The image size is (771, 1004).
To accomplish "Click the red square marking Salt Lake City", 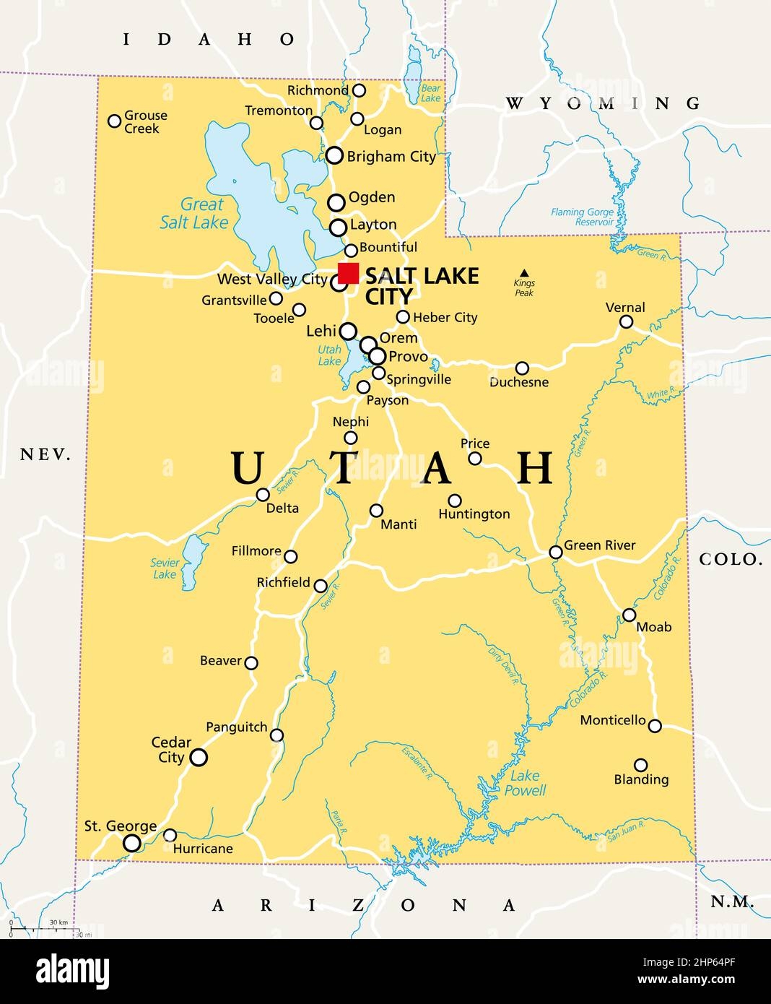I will tap(348, 273).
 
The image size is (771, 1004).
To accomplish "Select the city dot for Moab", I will tap(630, 615).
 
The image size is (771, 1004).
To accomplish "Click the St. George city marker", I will tap(131, 843).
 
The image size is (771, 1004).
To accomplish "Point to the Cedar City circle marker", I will tap(198, 757).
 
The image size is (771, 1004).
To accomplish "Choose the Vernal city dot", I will tap(627, 322).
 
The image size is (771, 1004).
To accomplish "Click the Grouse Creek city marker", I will tap(114, 121).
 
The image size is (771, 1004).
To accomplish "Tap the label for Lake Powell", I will tap(526, 783).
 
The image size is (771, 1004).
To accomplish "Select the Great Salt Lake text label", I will tap(194, 214).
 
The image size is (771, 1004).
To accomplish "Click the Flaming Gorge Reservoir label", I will tap(582, 217).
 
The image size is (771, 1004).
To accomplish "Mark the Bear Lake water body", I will tap(414, 69).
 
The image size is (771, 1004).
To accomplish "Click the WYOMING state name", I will tap(603, 103).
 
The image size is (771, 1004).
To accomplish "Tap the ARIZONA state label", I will tap(364, 905).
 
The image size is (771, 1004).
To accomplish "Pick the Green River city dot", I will tap(555, 553).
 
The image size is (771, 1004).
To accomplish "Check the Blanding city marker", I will tap(640, 765).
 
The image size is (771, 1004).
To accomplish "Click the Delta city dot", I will tap(263, 495).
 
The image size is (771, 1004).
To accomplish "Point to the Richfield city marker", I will tap(321, 586).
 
